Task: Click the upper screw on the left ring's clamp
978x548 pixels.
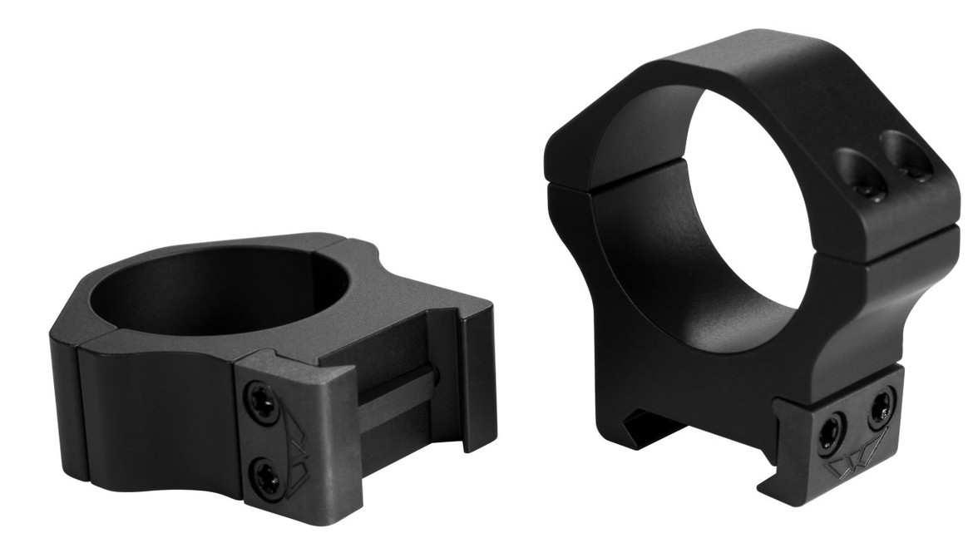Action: (x=259, y=398)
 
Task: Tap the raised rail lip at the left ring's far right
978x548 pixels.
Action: (x=478, y=374)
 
